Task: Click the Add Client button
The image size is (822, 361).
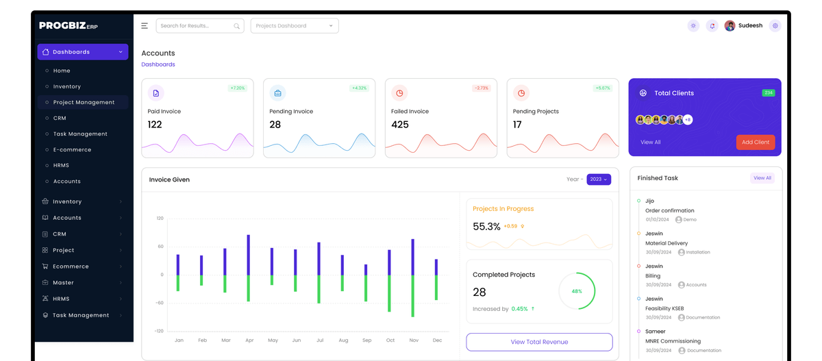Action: pos(755,142)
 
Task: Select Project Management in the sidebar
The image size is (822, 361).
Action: pos(84,102)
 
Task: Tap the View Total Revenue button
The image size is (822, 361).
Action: pos(539,342)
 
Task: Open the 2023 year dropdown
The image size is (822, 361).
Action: pos(598,179)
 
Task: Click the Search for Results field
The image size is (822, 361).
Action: pos(199,26)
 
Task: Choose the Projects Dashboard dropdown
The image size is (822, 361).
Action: pos(294,26)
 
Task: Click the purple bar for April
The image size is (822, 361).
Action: pos(248,255)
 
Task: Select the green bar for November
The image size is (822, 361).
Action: pos(412,296)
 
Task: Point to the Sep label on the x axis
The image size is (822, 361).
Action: pos(366,340)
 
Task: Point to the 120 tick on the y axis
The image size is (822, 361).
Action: pos(160,219)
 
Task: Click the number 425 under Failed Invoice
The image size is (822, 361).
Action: pos(399,125)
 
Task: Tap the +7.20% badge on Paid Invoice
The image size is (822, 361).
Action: pos(238,88)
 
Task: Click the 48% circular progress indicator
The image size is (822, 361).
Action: pos(577,291)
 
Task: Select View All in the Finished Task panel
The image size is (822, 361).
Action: pos(762,178)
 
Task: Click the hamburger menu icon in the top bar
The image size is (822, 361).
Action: pos(145,26)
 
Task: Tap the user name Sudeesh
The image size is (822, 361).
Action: pos(750,26)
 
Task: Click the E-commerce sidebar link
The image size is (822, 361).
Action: pos(72,149)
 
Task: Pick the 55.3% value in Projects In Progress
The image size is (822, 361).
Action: pos(486,226)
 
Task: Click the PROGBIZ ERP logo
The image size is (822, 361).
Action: pos(68,26)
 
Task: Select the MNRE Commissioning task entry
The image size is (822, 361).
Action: pos(673,341)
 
